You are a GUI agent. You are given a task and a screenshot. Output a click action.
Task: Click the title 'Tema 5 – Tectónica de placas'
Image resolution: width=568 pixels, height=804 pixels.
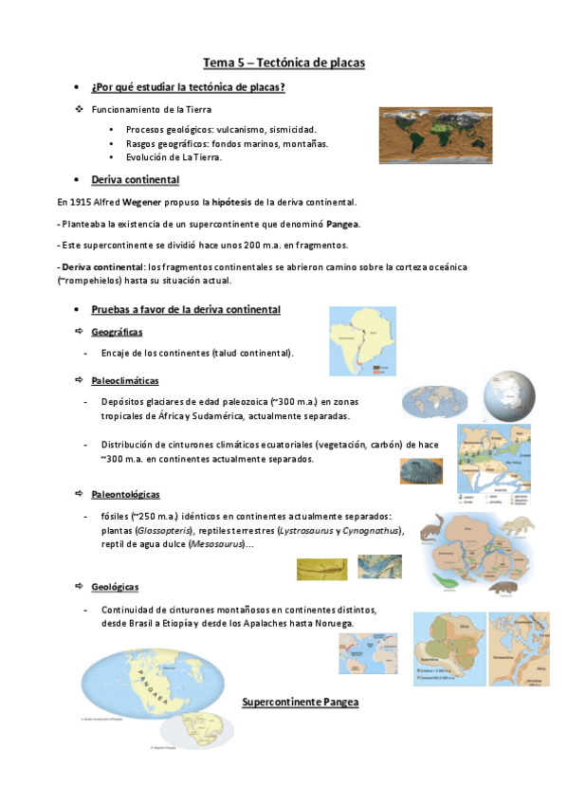(x=284, y=63)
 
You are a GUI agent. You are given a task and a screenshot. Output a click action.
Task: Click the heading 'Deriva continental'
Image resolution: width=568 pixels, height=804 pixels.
(x=135, y=179)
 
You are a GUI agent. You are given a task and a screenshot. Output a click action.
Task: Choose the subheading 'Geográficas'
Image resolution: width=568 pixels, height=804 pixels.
(x=117, y=332)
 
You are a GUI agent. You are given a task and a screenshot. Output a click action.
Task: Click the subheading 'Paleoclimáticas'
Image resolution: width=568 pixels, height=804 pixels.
(x=124, y=380)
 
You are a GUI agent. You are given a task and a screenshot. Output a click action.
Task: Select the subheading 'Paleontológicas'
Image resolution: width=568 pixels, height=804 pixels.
(x=125, y=495)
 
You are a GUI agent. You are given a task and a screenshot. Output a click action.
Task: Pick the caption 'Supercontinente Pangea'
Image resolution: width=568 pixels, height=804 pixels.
(x=300, y=703)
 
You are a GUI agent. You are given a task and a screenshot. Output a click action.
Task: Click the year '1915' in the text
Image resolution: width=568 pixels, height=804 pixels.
(x=82, y=203)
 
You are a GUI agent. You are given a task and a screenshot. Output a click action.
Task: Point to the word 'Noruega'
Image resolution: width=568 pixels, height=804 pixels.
(x=331, y=623)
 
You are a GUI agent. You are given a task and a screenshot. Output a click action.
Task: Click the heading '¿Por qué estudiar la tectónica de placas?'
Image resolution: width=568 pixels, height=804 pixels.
(x=189, y=88)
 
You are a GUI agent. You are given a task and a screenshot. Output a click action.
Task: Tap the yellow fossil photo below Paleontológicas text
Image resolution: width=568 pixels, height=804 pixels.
(x=321, y=568)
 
